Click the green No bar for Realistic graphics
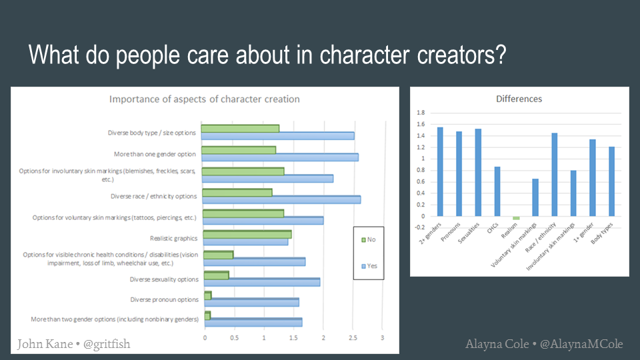tap(247, 234)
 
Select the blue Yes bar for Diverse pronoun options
tap(251, 303)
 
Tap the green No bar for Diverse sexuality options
tap(216, 275)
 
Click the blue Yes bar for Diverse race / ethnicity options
tap(281, 199)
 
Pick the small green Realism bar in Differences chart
tap(516, 219)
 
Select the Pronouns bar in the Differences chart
tap(459, 174)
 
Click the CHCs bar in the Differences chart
tap(497, 191)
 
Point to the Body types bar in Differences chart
tap(611, 181)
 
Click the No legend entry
tap(369, 239)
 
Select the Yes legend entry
tap(369, 266)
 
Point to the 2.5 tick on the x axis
tap(353, 338)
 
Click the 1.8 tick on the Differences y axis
tap(421, 113)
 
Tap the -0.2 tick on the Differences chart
tap(419, 227)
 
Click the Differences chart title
tap(519, 99)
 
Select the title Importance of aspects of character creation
tap(205, 99)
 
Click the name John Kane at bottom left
tap(45, 344)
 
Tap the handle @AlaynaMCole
tap(581, 344)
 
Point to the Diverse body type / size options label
tap(152, 133)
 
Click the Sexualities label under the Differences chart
tap(469, 233)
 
